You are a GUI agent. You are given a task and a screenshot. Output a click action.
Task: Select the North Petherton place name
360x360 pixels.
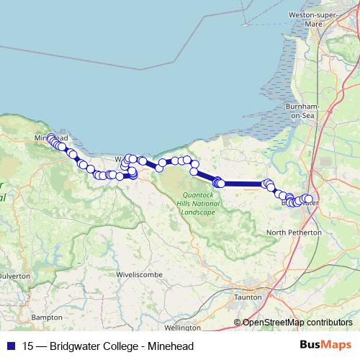pyautogui.click(x=294, y=233)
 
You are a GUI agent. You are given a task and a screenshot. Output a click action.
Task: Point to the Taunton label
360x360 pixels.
pyautogui.click(x=248, y=296)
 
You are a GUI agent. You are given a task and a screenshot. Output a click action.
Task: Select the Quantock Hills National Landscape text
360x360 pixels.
pyautogui.click(x=198, y=204)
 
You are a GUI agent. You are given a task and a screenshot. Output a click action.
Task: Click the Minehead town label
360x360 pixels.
pyautogui.click(x=50, y=137)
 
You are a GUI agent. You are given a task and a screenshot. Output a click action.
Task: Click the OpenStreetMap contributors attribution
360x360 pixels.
pyautogui.click(x=297, y=322)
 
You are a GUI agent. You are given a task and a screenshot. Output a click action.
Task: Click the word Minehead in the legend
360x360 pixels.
pyautogui.click(x=170, y=346)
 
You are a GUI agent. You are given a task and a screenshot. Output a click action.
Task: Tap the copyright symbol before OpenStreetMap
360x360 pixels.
pyautogui.click(x=238, y=322)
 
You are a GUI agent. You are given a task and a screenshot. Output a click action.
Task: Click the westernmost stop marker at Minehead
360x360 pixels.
pyautogui.click(x=50, y=137)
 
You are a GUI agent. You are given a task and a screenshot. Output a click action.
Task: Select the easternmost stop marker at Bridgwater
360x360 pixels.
pyautogui.click(x=309, y=199)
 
